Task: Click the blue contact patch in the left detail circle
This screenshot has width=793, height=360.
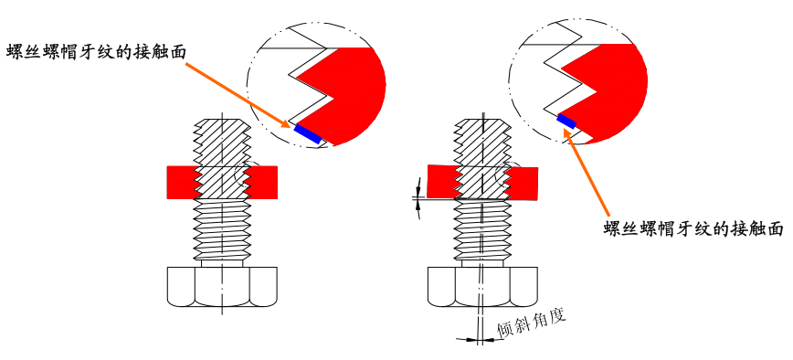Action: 308,132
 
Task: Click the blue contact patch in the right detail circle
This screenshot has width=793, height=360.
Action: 567,121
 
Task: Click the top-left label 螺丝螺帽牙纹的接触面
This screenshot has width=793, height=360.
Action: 96,51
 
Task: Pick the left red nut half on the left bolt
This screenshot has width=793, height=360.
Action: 180,182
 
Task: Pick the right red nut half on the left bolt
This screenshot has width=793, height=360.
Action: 262,182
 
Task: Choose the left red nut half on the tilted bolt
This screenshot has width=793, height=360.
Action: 442,181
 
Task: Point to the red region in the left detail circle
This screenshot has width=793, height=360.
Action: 347,91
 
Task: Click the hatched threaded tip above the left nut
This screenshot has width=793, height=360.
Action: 222,143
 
